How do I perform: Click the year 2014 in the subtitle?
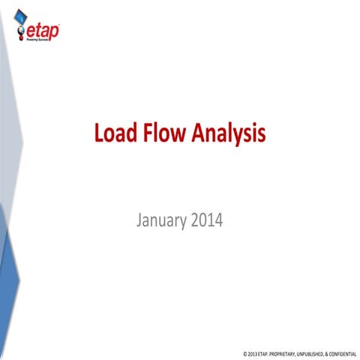point(206,222)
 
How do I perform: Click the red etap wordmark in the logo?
point(42,31)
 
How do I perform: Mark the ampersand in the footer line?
point(328,352)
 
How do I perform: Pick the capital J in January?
point(140,222)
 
